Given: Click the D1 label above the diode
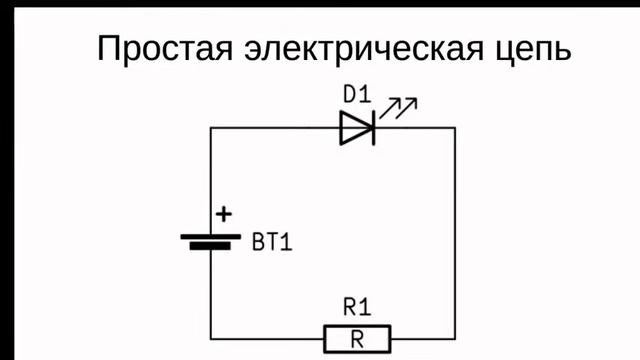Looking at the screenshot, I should click(356, 96).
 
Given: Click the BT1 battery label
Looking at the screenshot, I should click(273, 243).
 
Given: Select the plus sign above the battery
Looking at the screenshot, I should click(224, 213).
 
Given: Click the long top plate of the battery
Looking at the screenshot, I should click(211, 236).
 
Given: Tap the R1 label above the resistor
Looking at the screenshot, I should click(356, 307).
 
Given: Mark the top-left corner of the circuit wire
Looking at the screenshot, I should click(211, 128).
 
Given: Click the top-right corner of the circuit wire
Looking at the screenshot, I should click(455, 128).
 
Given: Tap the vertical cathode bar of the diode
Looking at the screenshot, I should click(372, 128).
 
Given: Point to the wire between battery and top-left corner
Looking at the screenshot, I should click(211, 180).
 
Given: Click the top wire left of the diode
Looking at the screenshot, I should click(275, 128).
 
